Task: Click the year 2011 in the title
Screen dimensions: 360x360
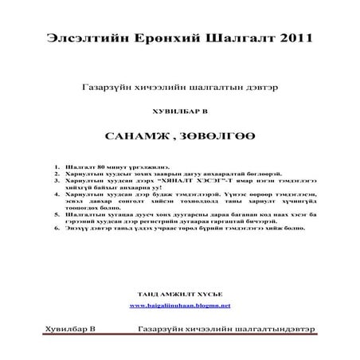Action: coord(292,37)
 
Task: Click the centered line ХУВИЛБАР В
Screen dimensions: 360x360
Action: coord(179,111)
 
